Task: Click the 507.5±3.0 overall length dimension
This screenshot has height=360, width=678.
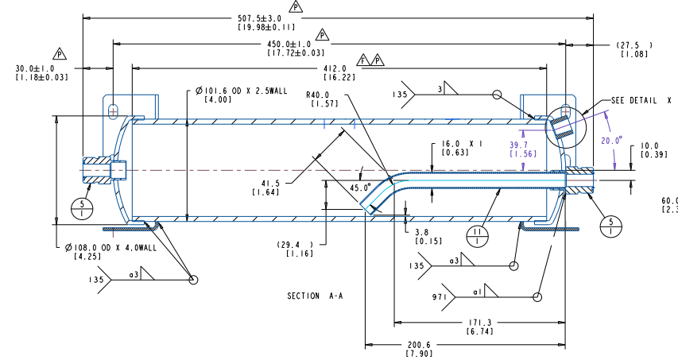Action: pyautogui.click(x=259, y=18)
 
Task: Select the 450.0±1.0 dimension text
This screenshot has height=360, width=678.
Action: pyautogui.click(x=289, y=45)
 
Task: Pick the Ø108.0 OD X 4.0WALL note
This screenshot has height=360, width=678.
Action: pyautogui.click(x=111, y=247)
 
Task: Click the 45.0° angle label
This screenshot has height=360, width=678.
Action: pyautogui.click(x=360, y=188)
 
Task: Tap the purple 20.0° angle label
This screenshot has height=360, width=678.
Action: pyautogui.click(x=610, y=141)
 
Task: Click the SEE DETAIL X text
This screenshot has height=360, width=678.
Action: pyautogui.click(x=641, y=101)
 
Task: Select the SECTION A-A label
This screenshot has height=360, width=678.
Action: pyautogui.click(x=315, y=296)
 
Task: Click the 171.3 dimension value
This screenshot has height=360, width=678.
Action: pyautogui.click(x=480, y=323)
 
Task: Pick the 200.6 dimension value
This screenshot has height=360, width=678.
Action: pyautogui.click(x=419, y=346)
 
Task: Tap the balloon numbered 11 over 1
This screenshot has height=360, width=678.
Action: pyautogui.click(x=477, y=236)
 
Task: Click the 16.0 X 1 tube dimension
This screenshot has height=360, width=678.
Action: pyautogui.click(x=462, y=144)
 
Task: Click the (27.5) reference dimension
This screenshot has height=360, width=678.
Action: pyautogui.click(x=634, y=45)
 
